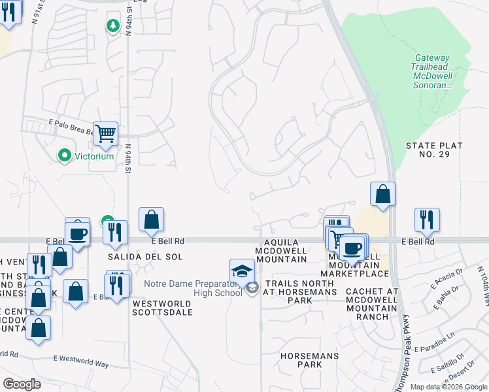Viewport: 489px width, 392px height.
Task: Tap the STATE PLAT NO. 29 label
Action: [x=434, y=150]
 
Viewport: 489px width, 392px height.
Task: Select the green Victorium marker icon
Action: [x=64, y=155]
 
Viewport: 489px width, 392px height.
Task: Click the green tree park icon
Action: [x=112, y=25]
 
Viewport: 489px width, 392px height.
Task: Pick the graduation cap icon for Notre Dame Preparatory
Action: [x=242, y=270]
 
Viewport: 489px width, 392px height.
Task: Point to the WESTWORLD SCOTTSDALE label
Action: [x=163, y=308]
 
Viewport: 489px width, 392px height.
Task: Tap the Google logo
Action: [x=22, y=384]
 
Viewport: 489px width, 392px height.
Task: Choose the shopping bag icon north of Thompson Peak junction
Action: [x=382, y=194]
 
